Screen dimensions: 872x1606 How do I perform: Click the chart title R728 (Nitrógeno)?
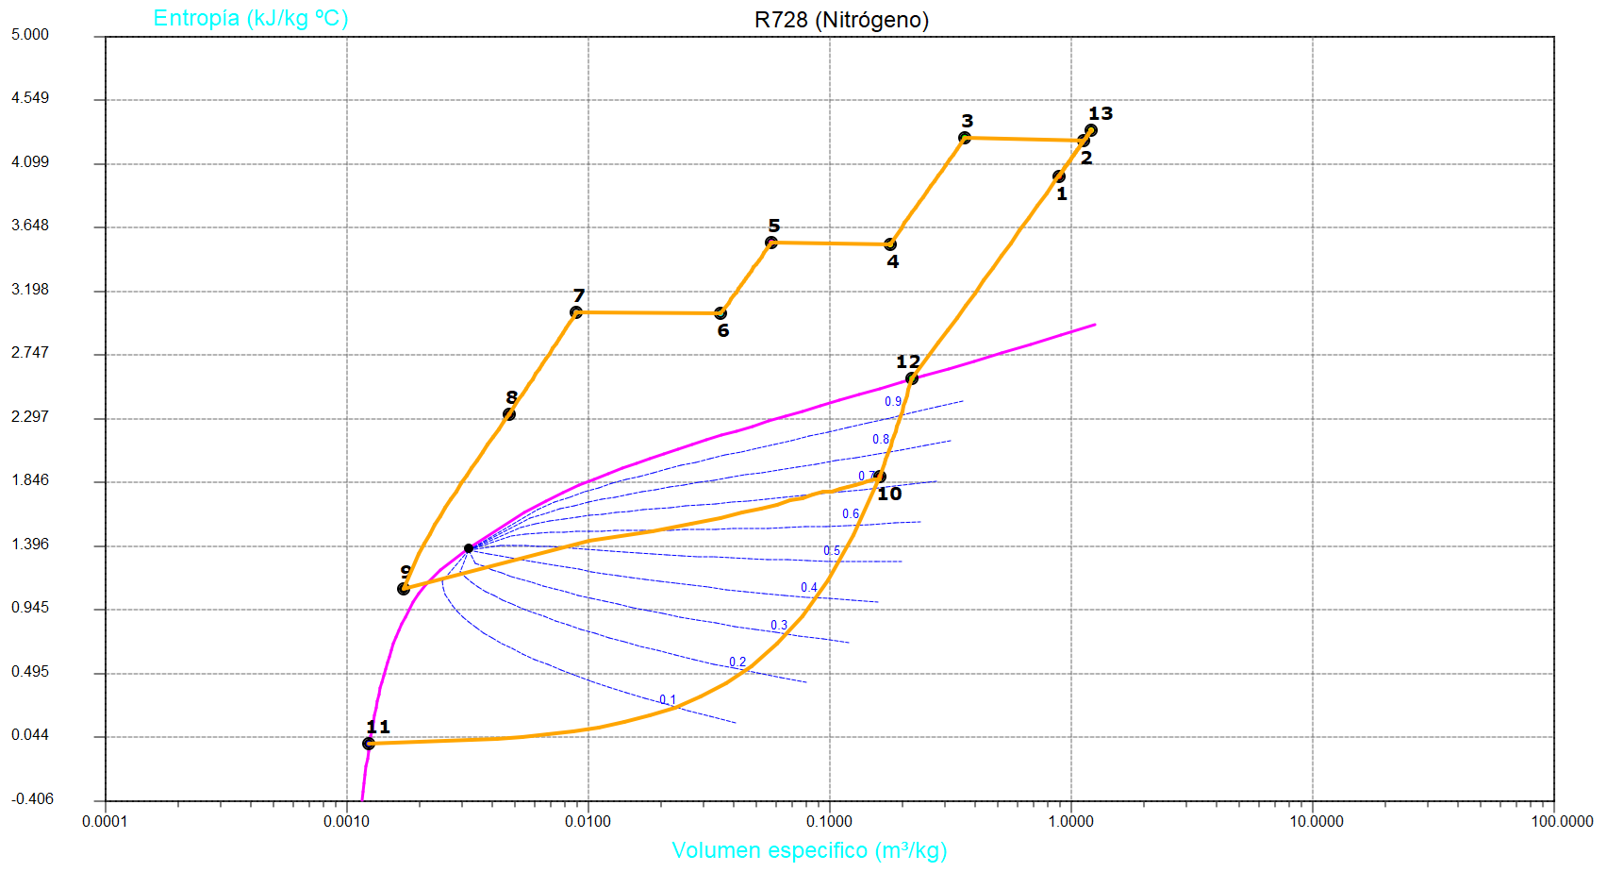pyautogui.click(x=841, y=20)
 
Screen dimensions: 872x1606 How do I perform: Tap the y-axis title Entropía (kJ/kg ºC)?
pyautogui.click(x=251, y=18)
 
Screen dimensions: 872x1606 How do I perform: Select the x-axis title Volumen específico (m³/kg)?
pyautogui.click(x=809, y=850)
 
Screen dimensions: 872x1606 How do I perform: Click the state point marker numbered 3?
pyautogui.click(x=965, y=138)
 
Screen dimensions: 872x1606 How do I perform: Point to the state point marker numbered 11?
pyautogui.click(x=369, y=744)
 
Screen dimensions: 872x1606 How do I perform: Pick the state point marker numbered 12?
pyautogui.click(x=911, y=378)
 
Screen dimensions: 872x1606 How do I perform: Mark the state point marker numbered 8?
pyautogui.click(x=509, y=414)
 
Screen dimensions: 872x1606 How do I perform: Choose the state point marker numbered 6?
pyautogui.click(x=720, y=313)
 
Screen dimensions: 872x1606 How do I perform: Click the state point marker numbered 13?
pyautogui.click(x=1091, y=130)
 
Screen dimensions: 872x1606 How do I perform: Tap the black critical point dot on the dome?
pyautogui.click(x=469, y=548)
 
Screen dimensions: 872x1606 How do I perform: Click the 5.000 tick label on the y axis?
pyautogui.click(x=30, y=35)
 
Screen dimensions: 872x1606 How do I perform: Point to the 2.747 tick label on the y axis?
pyautogui.click(x=30, y=353)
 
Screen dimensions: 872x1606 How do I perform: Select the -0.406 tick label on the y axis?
pyautogui.click(x=32, y=799)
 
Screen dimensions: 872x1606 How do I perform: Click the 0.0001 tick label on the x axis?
pyautogui.click(x=105, y=821)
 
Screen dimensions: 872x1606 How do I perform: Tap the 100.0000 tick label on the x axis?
pyautogui.click(x=1562, y=821)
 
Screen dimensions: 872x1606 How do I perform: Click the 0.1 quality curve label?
pyautogui.click(x=668, y=700)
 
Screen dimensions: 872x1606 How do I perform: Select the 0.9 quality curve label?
pyautogui.click(x=893, y=402)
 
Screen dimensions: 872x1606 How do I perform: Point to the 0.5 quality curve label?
pyautogui.click(x=832, y=551)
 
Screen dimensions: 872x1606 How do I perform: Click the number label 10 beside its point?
pyautogui.click(x=889, y=494)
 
